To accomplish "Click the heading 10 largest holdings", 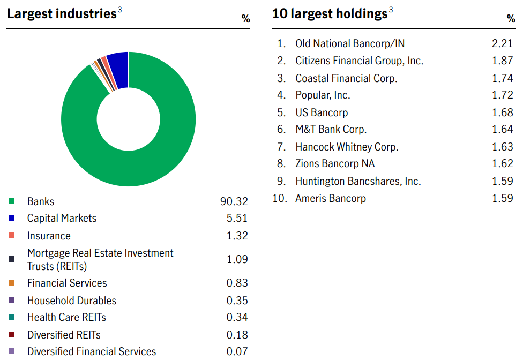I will [x=329, y=14].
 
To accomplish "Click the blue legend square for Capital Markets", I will [x=11, y=219].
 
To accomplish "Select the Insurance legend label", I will [x=49, y=236].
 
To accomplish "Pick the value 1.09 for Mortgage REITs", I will [x=237, y=259].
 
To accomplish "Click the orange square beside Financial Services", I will [x=11, y=283].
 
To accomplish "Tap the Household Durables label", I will [x=72, y=301].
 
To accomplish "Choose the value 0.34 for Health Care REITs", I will [x=237, y=317].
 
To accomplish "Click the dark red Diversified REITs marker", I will [x=11, y=335].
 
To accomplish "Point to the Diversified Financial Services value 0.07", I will [x=237, y=351].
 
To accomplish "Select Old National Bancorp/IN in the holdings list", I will [x=350, y=44].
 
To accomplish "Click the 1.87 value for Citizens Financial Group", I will [x=503, y=61].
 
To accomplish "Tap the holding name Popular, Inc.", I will [x=323, y=95].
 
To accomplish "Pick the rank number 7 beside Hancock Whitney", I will [x=281, y=147].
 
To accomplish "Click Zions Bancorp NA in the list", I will [x=335, y=164].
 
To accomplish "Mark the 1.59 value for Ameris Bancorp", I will [x=503, y=198].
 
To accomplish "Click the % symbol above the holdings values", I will [x=511, y=19].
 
